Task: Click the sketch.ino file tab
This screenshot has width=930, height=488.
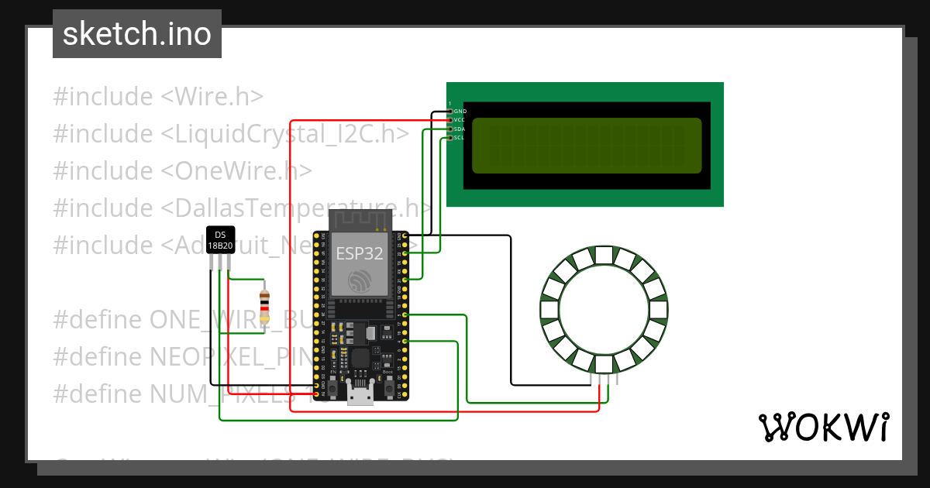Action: tap(137, 34)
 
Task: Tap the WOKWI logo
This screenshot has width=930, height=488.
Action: tap(823, 427)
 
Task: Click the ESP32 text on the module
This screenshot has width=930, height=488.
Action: tap(359, 253)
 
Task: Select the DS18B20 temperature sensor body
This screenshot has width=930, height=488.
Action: tap(220, 241)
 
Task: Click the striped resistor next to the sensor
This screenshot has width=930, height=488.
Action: tap(265, 306)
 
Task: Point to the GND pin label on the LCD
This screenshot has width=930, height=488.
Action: tap(460, 112)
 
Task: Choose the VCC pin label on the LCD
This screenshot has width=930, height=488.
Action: tap(460, 120)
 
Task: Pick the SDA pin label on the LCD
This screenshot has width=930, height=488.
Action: tap(460, 129)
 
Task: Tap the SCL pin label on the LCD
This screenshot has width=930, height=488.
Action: tap(460, 138)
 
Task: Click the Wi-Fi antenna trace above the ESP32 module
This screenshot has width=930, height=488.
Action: tap(360, 220)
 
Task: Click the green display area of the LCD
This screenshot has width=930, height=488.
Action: tap(586, 146)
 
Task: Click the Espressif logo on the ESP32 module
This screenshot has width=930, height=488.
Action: tap(360, 281)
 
